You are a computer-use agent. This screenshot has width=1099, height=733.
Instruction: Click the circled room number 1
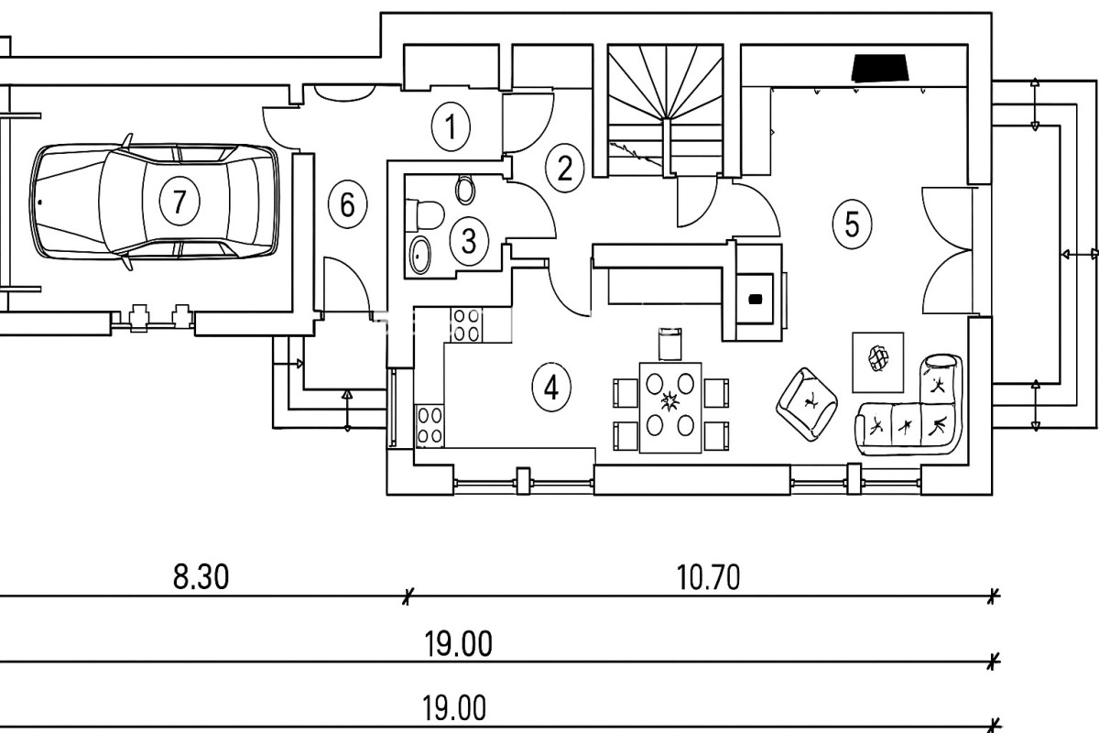coord(450,127)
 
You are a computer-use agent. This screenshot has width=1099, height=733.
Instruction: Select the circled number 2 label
coord(564,168)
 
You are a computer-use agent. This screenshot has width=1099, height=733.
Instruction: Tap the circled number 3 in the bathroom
coord(469,241)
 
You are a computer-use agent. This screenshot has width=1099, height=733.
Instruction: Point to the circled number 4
coord(550,387)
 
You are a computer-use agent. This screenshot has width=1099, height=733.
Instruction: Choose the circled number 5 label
coord(852,224)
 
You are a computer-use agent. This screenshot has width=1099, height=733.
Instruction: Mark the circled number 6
coord(347,204)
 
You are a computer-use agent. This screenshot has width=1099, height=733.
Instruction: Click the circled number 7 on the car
coord(179,201)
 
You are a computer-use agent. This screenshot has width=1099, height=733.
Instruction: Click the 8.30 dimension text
coord(200,577)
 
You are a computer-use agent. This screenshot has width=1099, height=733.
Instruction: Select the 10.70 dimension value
coord(708,577)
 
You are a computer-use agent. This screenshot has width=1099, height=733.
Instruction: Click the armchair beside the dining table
coord(808,401)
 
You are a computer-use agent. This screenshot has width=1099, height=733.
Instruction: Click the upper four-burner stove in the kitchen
coord(466,324)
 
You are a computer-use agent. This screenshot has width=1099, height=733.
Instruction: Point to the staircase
coord(664,110)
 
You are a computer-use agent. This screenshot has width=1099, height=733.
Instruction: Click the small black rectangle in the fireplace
coord(756,298)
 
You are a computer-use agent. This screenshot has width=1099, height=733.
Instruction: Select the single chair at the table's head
coord(670,345)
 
